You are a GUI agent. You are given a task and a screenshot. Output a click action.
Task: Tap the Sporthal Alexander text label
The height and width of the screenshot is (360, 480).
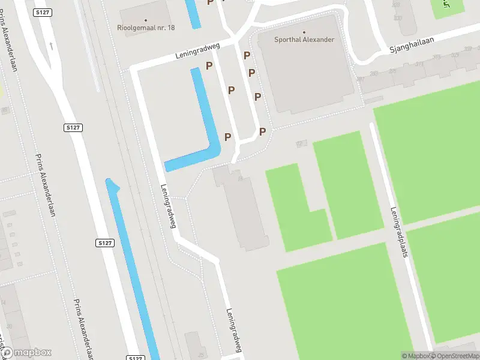304,40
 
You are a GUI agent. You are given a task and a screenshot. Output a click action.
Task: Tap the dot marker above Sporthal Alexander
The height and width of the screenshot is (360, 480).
304,32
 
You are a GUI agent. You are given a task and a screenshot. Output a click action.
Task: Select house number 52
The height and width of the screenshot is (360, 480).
301,144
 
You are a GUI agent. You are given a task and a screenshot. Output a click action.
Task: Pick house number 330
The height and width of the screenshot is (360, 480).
397,19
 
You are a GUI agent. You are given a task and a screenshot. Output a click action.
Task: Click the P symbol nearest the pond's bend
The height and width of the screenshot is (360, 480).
227,137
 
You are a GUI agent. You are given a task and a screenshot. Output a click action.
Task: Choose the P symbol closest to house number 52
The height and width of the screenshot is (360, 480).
262,131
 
